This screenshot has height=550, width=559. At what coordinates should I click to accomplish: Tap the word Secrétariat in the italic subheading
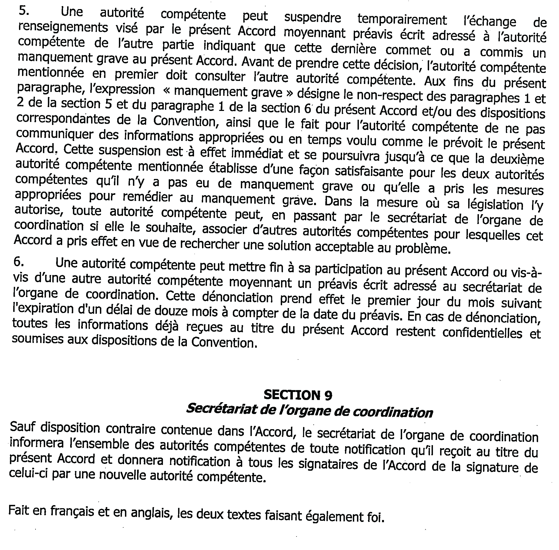click(x=221, y=409)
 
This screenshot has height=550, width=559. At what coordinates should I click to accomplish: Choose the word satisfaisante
click(x=369, y=171)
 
